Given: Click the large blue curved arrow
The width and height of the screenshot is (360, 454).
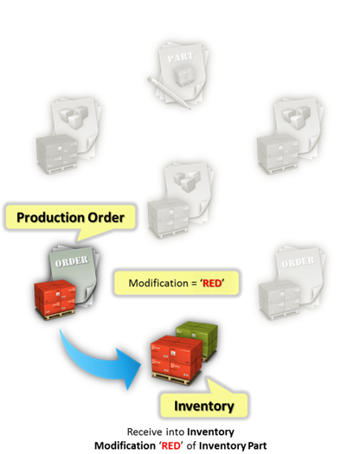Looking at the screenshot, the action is coord(96,363).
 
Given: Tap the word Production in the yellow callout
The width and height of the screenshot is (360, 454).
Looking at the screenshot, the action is coord(51,218).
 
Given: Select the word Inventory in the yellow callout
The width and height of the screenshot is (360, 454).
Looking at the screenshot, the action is coord(203,406).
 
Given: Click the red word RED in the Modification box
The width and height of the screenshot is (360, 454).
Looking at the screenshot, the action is coord(212,283).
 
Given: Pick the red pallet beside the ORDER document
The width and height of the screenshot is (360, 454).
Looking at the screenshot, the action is coord(55,300).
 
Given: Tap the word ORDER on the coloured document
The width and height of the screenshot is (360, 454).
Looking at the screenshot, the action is coord(72,261).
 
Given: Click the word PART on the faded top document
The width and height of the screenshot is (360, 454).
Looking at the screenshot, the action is coord(180,57).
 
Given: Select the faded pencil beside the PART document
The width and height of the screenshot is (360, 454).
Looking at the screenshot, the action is coord(168,93).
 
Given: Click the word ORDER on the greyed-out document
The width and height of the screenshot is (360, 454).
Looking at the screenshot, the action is coord(298,262).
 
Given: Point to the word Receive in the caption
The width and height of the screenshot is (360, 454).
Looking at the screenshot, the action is coord(145,432).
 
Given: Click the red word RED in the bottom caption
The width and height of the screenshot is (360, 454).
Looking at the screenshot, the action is coord(170,445).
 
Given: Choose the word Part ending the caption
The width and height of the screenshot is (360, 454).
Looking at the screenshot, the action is coord(256,445).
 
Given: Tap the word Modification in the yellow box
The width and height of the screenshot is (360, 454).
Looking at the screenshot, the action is coord(158,283).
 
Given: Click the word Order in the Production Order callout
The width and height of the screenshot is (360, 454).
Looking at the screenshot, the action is coord(106,218).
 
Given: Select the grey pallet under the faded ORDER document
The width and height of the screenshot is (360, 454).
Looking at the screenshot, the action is coord(280,300).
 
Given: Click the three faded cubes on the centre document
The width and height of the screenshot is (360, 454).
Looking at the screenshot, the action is coord(187,181).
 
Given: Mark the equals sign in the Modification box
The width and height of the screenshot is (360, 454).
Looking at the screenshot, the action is coord(194,284).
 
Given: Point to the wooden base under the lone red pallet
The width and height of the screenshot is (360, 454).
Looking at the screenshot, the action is coord(55,315).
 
